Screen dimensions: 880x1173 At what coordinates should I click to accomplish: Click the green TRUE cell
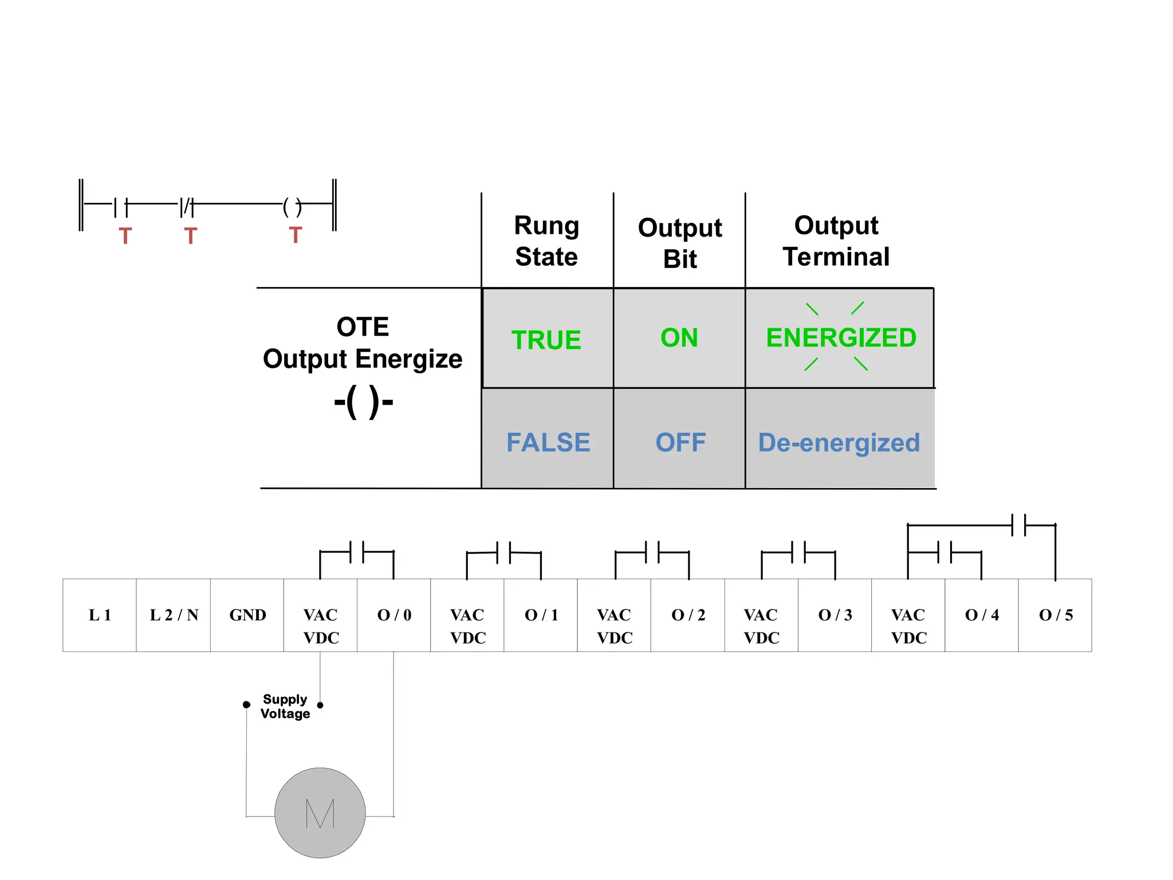(546, 339)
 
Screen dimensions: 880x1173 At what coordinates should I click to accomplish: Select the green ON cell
(679, 337)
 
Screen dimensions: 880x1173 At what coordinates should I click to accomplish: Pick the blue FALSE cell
(548, 442)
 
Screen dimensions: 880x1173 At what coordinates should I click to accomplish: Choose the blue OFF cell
(680, 442)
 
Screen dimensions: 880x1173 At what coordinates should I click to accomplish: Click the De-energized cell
(839, 443)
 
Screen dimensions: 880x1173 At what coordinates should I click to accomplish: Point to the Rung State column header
(546, 241)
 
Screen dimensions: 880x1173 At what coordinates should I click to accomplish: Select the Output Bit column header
(680, 243)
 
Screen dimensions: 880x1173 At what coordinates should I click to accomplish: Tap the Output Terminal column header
(836, 241)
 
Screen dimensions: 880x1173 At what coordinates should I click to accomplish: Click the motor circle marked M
(320, 812)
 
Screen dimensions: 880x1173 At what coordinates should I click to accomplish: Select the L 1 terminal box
(100, 615)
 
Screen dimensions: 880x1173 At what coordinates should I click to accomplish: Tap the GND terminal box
(247, 615)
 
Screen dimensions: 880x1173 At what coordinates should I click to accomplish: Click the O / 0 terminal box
(394, 615)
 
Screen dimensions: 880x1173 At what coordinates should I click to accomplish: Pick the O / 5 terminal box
(1056, 615)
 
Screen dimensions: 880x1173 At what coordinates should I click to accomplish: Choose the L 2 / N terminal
(174, 615)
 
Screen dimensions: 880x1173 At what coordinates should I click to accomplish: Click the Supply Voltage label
(285, 706)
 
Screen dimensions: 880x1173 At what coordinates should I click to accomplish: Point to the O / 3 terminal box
(835, 615)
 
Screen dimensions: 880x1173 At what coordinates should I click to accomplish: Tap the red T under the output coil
(295, 235)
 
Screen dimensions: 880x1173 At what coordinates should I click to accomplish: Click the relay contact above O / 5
(1018, 525)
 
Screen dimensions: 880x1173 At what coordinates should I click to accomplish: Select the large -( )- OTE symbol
(364, 402)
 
